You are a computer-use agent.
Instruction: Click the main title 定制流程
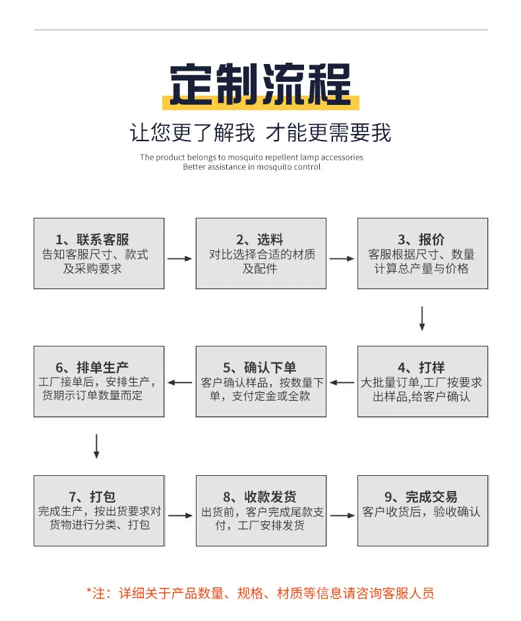click(x=260, y=84)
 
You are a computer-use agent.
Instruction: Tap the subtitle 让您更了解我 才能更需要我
click(x=260, y=132)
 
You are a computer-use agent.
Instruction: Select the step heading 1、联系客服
click(x=92, y=239)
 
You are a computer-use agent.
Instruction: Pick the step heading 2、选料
click(x=260, y=239)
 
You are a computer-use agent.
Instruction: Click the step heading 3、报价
click(x=421, y=239)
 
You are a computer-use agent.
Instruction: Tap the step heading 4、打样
click(x=421, y=368)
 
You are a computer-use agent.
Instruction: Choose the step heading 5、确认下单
click(x=260, y=368)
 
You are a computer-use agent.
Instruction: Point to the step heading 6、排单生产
click(x=92, y=368)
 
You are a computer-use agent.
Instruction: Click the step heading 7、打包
click(x=92, y=496)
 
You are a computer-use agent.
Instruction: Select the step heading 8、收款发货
click(x=260, y=496)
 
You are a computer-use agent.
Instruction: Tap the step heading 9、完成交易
click(x=421, y=496)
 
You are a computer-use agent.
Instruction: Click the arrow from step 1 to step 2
click(x=180, y=259)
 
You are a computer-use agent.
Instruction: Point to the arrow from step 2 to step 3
click(x=342, y=259)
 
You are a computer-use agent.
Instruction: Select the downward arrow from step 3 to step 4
click(x=422, y=319)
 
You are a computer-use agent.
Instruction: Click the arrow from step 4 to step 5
click(x=342, y=383)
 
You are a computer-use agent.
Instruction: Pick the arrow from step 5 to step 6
click(x=180, y=383)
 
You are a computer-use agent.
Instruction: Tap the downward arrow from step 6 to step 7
click(x=96, y=446)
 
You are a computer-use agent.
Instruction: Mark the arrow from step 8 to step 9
click(x=342, y=515)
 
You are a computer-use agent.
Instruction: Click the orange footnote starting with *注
click(x=260, y=593)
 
